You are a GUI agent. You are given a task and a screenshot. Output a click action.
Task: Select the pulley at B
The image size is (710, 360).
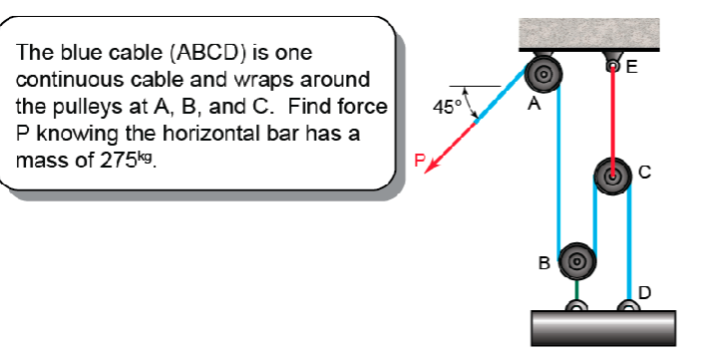click(x=575, y=261)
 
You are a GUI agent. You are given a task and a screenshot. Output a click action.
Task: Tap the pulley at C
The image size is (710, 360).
click(x=611, y=176)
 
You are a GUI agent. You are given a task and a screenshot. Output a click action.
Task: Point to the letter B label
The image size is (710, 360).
click(x=543, y=264)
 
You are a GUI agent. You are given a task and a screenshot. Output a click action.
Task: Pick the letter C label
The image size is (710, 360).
click(x=644, y=174)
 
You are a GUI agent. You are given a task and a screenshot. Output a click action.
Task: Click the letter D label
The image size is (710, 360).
click(x=644, y=292)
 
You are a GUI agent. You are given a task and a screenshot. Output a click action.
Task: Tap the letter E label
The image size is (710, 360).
click(x=631, y=68)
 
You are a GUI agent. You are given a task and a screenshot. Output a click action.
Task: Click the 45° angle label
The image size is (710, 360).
click(x=447, y=107)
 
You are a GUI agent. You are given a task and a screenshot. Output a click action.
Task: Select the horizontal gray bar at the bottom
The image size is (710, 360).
click(x=603, y=326)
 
